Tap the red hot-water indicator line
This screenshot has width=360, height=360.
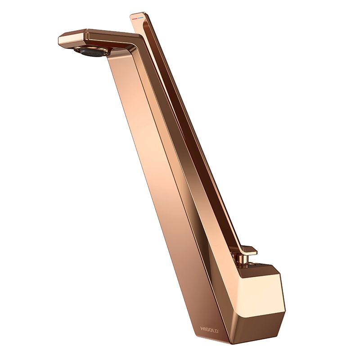pyautogui.click(x=134, y=18)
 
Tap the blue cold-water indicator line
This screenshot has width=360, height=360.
pyautogui.click(x=140, y=17)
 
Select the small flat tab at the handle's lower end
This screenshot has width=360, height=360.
pyautogui.click(x=250, y=251)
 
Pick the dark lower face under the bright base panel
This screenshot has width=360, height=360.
pyautogui.click(x=257, y=321)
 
